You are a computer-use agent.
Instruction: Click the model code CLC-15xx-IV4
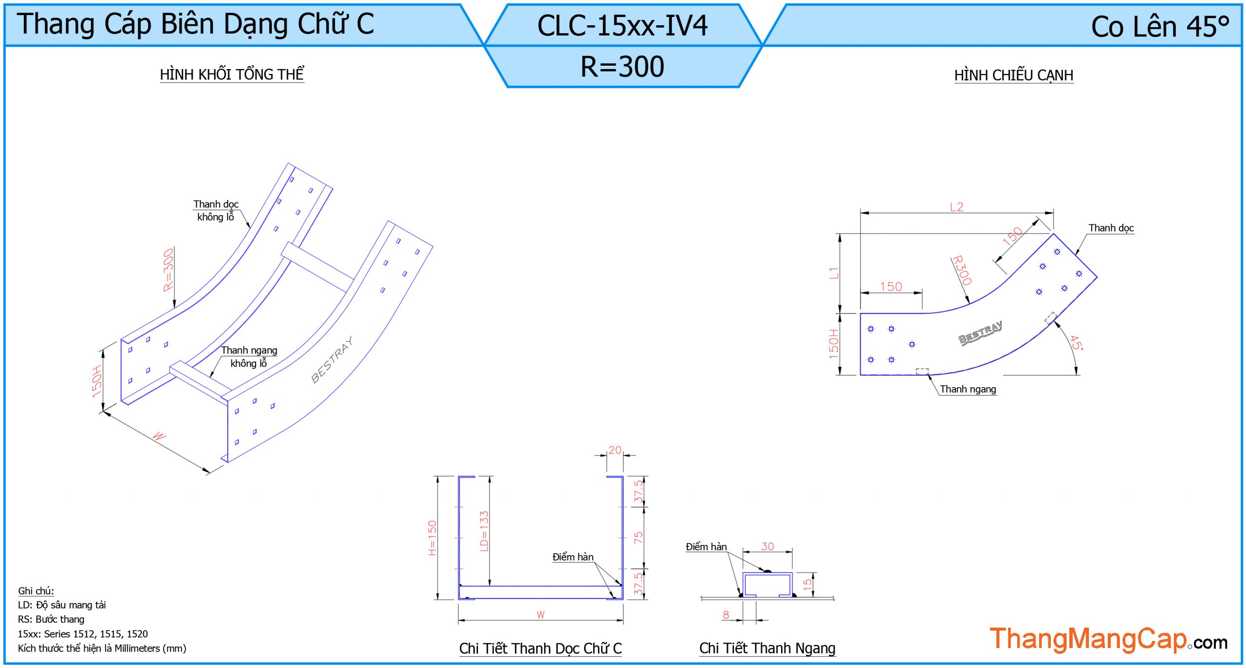pos(622,26)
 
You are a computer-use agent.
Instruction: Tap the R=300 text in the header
pos(622,67)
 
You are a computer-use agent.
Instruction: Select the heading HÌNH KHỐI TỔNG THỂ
pos(232,74)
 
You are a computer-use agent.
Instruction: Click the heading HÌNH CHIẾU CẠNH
pos(1013,75)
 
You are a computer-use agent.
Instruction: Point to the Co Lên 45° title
pos(1159,27)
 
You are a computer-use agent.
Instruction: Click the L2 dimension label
pos(956,207)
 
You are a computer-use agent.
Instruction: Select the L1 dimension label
pos(834,273)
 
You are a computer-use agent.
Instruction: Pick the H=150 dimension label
pos(432,538)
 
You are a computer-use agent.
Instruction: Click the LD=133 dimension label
pos(484,531)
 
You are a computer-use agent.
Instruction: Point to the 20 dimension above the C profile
pos(615,450)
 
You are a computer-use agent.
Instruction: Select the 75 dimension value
pos(638,537)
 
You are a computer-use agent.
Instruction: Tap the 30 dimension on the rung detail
pos(768,546)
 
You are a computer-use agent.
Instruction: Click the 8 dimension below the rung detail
pos(726,614)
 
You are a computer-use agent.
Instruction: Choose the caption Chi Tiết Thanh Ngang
pos(767,648)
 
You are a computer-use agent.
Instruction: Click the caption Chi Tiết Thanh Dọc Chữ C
pos(540,649)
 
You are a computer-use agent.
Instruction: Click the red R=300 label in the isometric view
pos(168,270)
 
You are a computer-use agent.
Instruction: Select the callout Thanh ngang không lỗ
pos(249,357)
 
